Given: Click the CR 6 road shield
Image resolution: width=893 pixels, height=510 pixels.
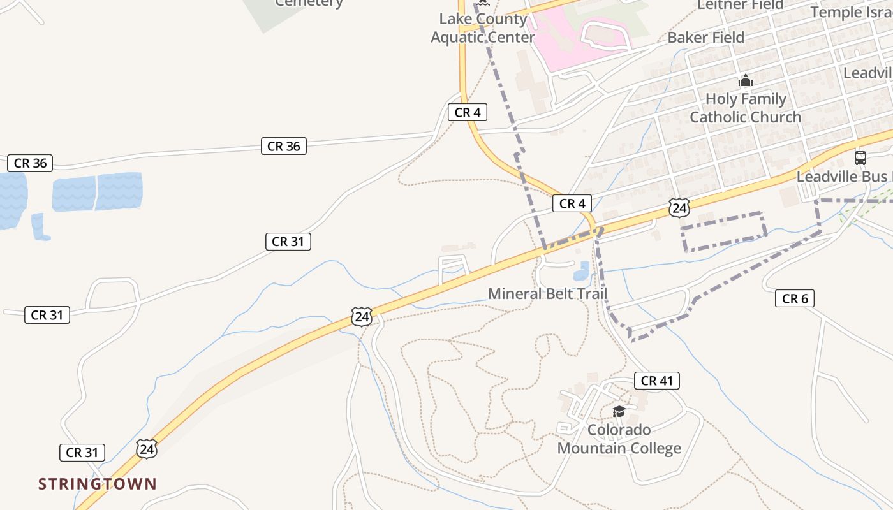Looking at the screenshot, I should pos(795,298).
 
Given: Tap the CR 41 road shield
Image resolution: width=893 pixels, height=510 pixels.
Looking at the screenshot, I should pos(656,381).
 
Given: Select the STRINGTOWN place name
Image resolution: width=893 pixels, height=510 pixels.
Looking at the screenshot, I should pos(97,484).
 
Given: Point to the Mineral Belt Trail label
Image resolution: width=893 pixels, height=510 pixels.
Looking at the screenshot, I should pos(547,294).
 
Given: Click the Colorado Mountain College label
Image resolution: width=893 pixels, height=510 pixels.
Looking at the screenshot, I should pos(619,439).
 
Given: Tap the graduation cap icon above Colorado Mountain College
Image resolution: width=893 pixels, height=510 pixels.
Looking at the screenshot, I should pos(618,411).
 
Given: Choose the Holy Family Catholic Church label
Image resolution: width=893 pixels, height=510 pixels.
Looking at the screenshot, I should pos(745,108).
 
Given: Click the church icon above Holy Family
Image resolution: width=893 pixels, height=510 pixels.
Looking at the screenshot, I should pos(745,81).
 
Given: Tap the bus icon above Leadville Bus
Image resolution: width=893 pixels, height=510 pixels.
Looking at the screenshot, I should pos(860,158).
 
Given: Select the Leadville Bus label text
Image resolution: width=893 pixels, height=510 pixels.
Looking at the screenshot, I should pos(842,177).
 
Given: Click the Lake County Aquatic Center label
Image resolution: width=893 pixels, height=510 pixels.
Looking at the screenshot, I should pos(483,28).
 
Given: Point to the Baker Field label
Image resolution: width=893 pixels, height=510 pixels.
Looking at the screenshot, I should pos(705,38).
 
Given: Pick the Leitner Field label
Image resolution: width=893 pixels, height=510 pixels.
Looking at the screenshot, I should pos(740,5).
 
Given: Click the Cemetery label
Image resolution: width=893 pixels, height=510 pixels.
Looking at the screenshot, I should pos(309,3).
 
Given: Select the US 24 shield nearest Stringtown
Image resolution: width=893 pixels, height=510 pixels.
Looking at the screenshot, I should pos(147,448).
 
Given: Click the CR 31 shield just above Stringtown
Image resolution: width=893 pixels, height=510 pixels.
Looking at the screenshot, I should pos(82,453).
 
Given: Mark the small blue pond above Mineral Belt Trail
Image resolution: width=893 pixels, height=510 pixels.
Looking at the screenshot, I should pos(581,272).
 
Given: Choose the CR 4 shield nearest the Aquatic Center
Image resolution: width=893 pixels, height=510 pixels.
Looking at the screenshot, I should pos(468,113).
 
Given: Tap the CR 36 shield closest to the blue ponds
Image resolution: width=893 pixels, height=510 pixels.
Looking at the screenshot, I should pos(30,163).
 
